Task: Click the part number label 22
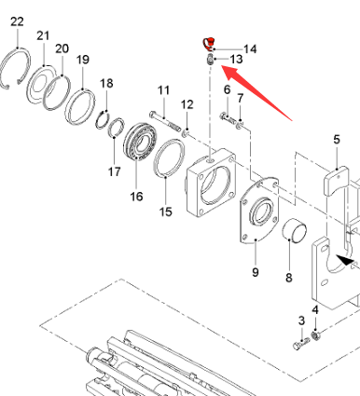[x=17, y=21]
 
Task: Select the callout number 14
[x=250, y=49]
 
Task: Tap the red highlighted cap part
[x=209, y=44]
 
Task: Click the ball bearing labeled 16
[x=140, y=142]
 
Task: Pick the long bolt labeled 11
[x=165, y=121]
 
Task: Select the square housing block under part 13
[x=212, y=184]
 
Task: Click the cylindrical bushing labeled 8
[x=295, y=229]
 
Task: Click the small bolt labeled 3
[x=301, y=344]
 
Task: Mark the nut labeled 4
[x=315, y=335]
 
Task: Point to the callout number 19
[x=83, y=60]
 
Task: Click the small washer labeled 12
[x=186, y=133]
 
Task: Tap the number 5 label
[x=337, y=140]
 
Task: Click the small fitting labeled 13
[x=211, y=59]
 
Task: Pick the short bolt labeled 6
[x=228, y=118]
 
